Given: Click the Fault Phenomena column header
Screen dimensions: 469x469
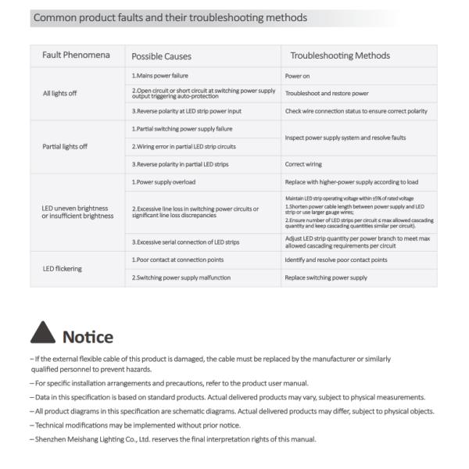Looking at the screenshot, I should tap(76, 55).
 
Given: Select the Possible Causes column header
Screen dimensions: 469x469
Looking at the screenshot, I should tap(162, 56).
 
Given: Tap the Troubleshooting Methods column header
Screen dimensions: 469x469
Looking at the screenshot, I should tap(340, 55).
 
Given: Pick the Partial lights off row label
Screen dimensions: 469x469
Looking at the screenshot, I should tap(64, 146).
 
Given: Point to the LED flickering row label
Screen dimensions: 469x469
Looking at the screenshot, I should tap(62, 268).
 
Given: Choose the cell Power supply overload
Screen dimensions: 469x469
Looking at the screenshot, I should tap(164, 182).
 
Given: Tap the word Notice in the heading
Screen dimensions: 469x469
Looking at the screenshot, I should tap(88, 337).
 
